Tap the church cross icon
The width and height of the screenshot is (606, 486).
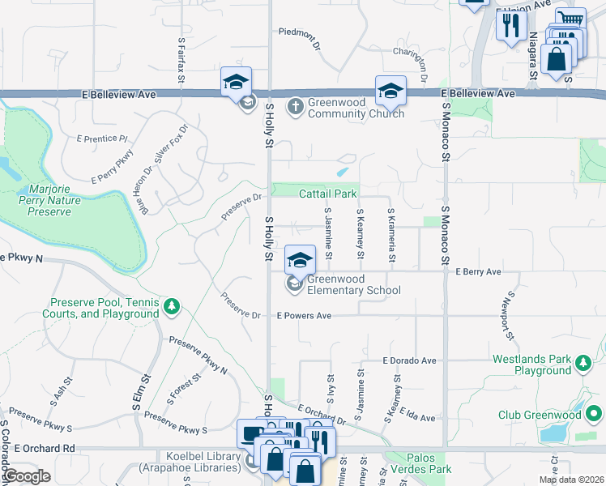pos(295,104)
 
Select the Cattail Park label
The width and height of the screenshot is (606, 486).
pos(327,194)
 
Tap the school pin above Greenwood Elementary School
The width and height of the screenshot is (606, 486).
pos(300,260)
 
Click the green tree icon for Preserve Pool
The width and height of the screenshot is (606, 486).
pos(171,306)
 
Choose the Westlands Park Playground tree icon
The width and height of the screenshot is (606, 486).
pos(583,364)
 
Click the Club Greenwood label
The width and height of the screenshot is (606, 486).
pos(540,416)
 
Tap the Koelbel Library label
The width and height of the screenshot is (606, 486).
pos(190,462)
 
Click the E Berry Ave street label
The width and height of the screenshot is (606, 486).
pos(478,272)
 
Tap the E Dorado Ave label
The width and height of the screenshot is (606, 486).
pos(410,360)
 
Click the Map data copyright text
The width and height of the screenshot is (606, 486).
pos(570,480)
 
